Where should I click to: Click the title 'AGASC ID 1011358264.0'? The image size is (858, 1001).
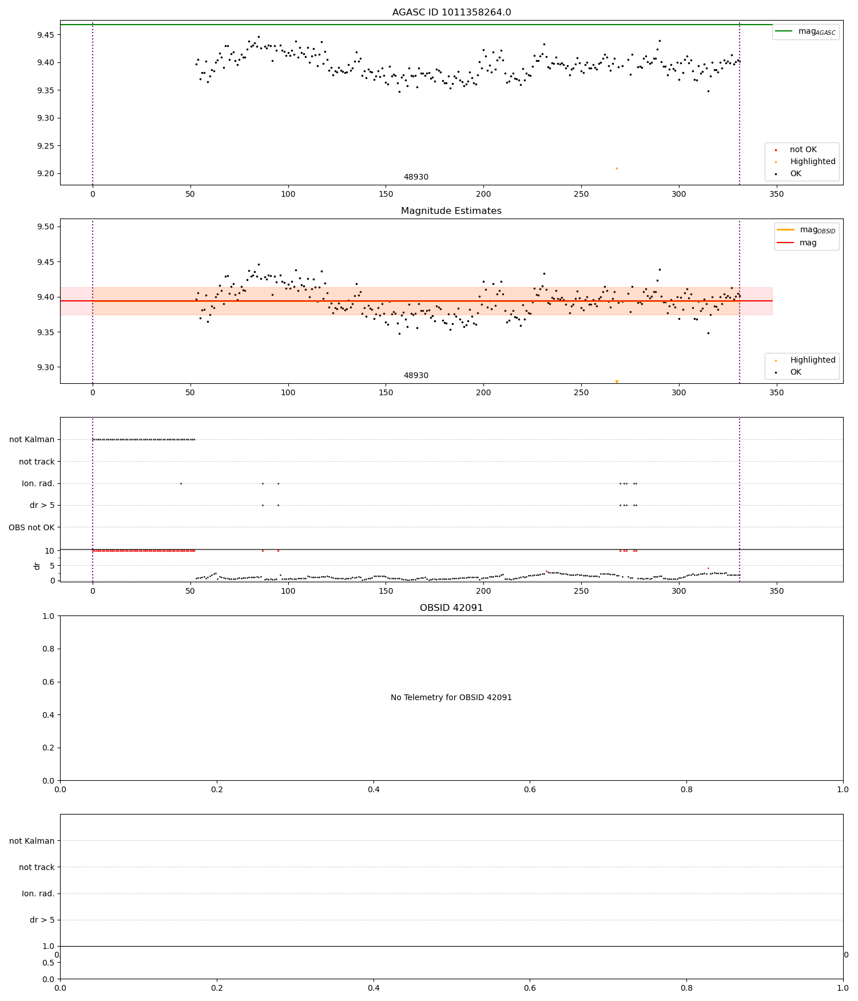[451, 13]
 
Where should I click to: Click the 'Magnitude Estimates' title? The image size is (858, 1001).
[451, 211]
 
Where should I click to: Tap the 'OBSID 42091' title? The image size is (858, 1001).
[451, 608]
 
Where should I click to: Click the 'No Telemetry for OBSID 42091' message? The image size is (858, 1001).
[451, 698]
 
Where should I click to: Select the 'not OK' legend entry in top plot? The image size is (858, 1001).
[803, 150]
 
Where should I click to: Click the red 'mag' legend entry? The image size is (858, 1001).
[808, 243]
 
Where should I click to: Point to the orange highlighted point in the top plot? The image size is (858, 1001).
[617, 168]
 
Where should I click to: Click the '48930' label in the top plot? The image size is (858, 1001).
[416, 177]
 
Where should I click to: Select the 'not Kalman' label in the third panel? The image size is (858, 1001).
[32, 440]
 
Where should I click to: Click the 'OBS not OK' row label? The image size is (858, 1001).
[32, 527]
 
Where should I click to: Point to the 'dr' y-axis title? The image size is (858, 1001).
[37, 566]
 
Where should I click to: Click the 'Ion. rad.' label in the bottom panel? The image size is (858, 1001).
[38, 894]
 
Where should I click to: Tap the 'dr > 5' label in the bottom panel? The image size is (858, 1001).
[42, 920]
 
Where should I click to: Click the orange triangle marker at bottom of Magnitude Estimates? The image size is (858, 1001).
[617, 382]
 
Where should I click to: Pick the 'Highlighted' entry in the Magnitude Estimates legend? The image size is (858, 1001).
[812, 360]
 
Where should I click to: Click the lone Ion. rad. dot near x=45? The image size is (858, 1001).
[181, 484]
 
